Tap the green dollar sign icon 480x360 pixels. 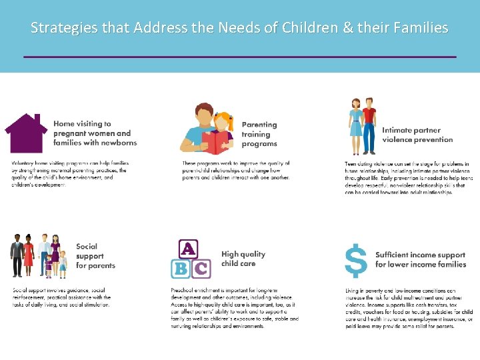pos(357,260)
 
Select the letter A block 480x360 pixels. pos(189,249)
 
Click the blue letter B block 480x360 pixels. pos(179,269)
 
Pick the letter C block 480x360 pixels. pos(201,269)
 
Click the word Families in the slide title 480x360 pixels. pos(419,28)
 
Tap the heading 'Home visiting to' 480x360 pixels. pos(82,124)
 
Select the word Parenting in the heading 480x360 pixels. pos(259,125)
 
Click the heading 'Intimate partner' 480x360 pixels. pos(411,131)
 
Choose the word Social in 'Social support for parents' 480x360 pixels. pos(87,247)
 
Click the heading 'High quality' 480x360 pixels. pos(243,254)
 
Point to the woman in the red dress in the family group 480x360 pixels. pos(28,255)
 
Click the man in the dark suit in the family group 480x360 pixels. pos(17,255)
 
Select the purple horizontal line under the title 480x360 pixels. pos(240,57)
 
